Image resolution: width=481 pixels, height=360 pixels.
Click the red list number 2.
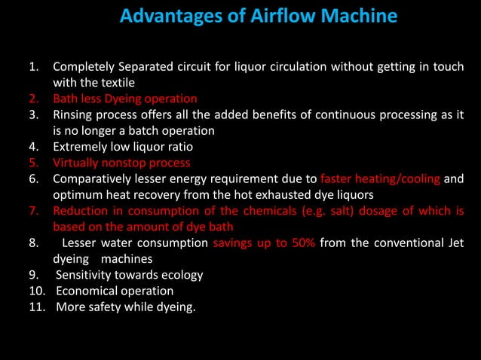(x=34, y=99)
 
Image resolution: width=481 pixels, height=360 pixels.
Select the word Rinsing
(x=75, y=114)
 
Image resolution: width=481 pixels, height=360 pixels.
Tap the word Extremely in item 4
(x=81, y=146)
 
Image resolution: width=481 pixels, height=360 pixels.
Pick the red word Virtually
(x=77, y=162)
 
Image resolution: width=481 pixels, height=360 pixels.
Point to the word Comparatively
(x=92, y=178)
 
